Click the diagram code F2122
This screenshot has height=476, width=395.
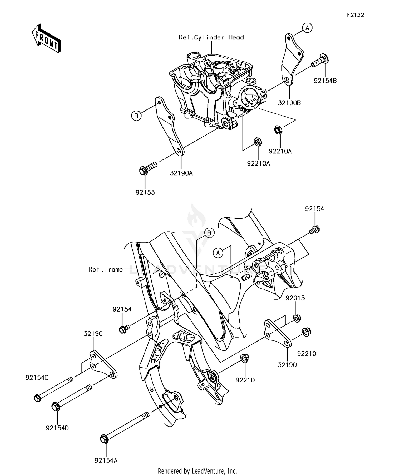(x=355, y=15)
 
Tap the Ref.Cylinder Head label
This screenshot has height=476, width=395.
(x=211, y=37)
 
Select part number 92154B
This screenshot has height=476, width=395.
(x=325, y=81)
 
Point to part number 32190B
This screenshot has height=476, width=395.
(x=289, y=103)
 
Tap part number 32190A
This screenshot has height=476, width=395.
(x=181, y=173)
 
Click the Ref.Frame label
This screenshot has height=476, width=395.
(x=106, y=269)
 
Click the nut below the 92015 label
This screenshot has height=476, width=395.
(x=297, y=318)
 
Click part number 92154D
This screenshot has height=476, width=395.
(x=57, y=428)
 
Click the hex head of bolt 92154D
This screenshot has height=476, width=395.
(x=56, y=407)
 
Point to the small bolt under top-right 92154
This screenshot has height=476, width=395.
(x=315, y=229)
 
